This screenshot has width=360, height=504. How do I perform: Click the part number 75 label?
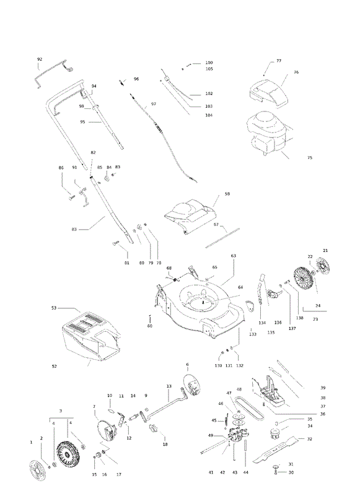pyautogui.click(x=310, y=158)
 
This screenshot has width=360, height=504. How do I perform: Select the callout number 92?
pyautogui.click(x=40, y=59)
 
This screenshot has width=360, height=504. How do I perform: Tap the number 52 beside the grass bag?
pyautogui.click(x=55, y=366)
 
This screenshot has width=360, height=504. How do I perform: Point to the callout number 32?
pyautogui.click(x=309, y=439)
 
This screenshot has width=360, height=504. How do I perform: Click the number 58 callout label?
pyautogui.click(x=227, y=194)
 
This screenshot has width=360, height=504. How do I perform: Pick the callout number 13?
pyautogui.click(x=169, y=386)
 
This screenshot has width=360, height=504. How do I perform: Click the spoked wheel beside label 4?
pyautogui.click(x=68, y=453)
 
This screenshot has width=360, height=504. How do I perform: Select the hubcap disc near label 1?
pyautogui.click(x=37, y=471)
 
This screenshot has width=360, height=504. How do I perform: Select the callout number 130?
pyautogui.click(x=219, y=366)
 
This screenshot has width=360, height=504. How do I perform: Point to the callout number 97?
pyautogui.click(x=154, y=104)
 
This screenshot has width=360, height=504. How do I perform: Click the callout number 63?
pyautogui.click(x=233, y=256)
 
